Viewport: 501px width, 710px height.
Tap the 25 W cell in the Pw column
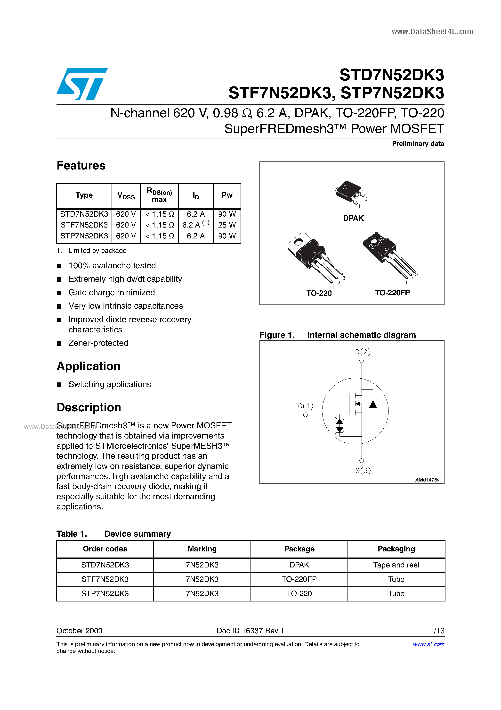227,225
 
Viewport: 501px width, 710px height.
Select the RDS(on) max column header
159,195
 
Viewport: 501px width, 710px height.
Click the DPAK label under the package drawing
353,218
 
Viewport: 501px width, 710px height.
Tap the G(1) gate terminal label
306,406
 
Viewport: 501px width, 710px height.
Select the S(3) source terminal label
363,471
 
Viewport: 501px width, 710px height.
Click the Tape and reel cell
396,565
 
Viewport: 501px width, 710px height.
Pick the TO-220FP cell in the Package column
299,579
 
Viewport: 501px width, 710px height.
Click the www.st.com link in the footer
428,644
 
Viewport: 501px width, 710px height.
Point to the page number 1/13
437,631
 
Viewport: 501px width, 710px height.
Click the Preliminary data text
418,144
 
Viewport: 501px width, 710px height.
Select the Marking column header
202,549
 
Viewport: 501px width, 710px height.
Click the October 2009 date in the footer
79,631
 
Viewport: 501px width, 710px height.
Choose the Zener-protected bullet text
98,343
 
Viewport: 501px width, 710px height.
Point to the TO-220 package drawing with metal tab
314,257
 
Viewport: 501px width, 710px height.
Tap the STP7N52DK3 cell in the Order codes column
105,593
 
